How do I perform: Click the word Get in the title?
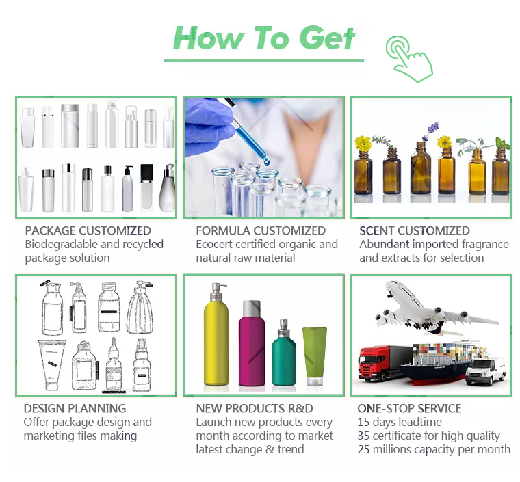click(x=328, y=38)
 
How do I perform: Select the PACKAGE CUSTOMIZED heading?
click(x=88, y=230)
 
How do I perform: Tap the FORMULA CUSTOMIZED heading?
click(x=261, y=230)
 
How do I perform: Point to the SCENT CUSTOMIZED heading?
click(x=415, y=230)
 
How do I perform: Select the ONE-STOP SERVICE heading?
click(x=409, y=408)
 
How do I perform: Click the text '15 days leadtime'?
click(x=400, y=422)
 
